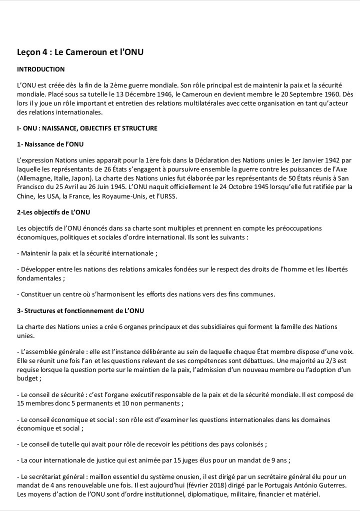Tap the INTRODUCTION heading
click(41, 69)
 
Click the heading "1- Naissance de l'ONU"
click(50, 144)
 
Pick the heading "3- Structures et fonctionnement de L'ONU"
click(80, 310)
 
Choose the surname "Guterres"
click(316, 485)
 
